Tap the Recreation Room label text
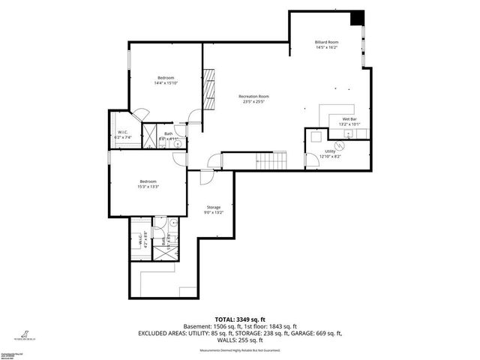pyautogui.click(x=253, y=97)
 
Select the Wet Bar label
pyautogui.click(x=349, y=119)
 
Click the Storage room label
pyautogui.click(x=214, y=207)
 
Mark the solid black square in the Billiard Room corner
pyautogui.click(x=357, y=17)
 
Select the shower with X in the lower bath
pyautogui.click(x=162, y=250)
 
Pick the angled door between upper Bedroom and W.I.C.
pyautogui.click(x=136, y=115)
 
